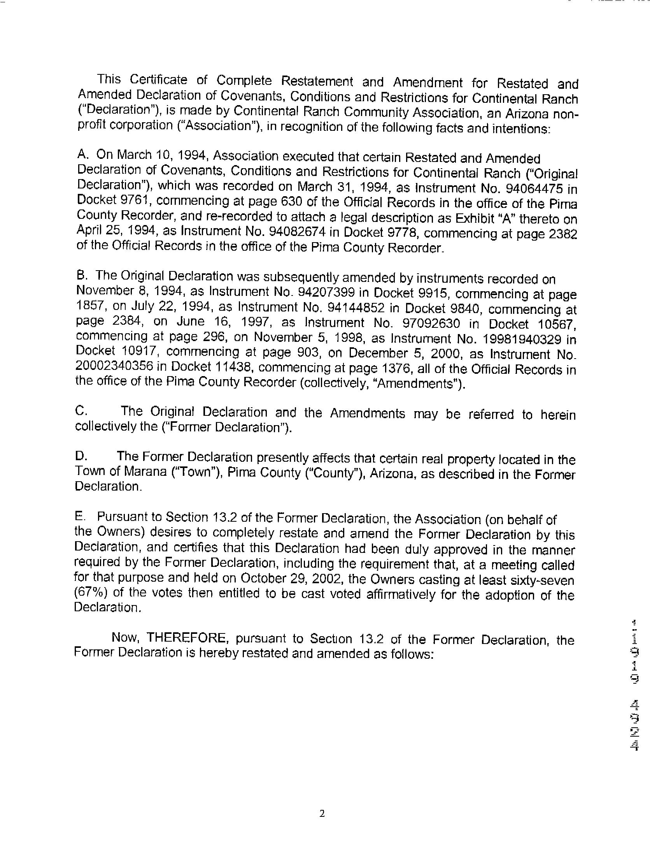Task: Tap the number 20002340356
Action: [x=121, y=367]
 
